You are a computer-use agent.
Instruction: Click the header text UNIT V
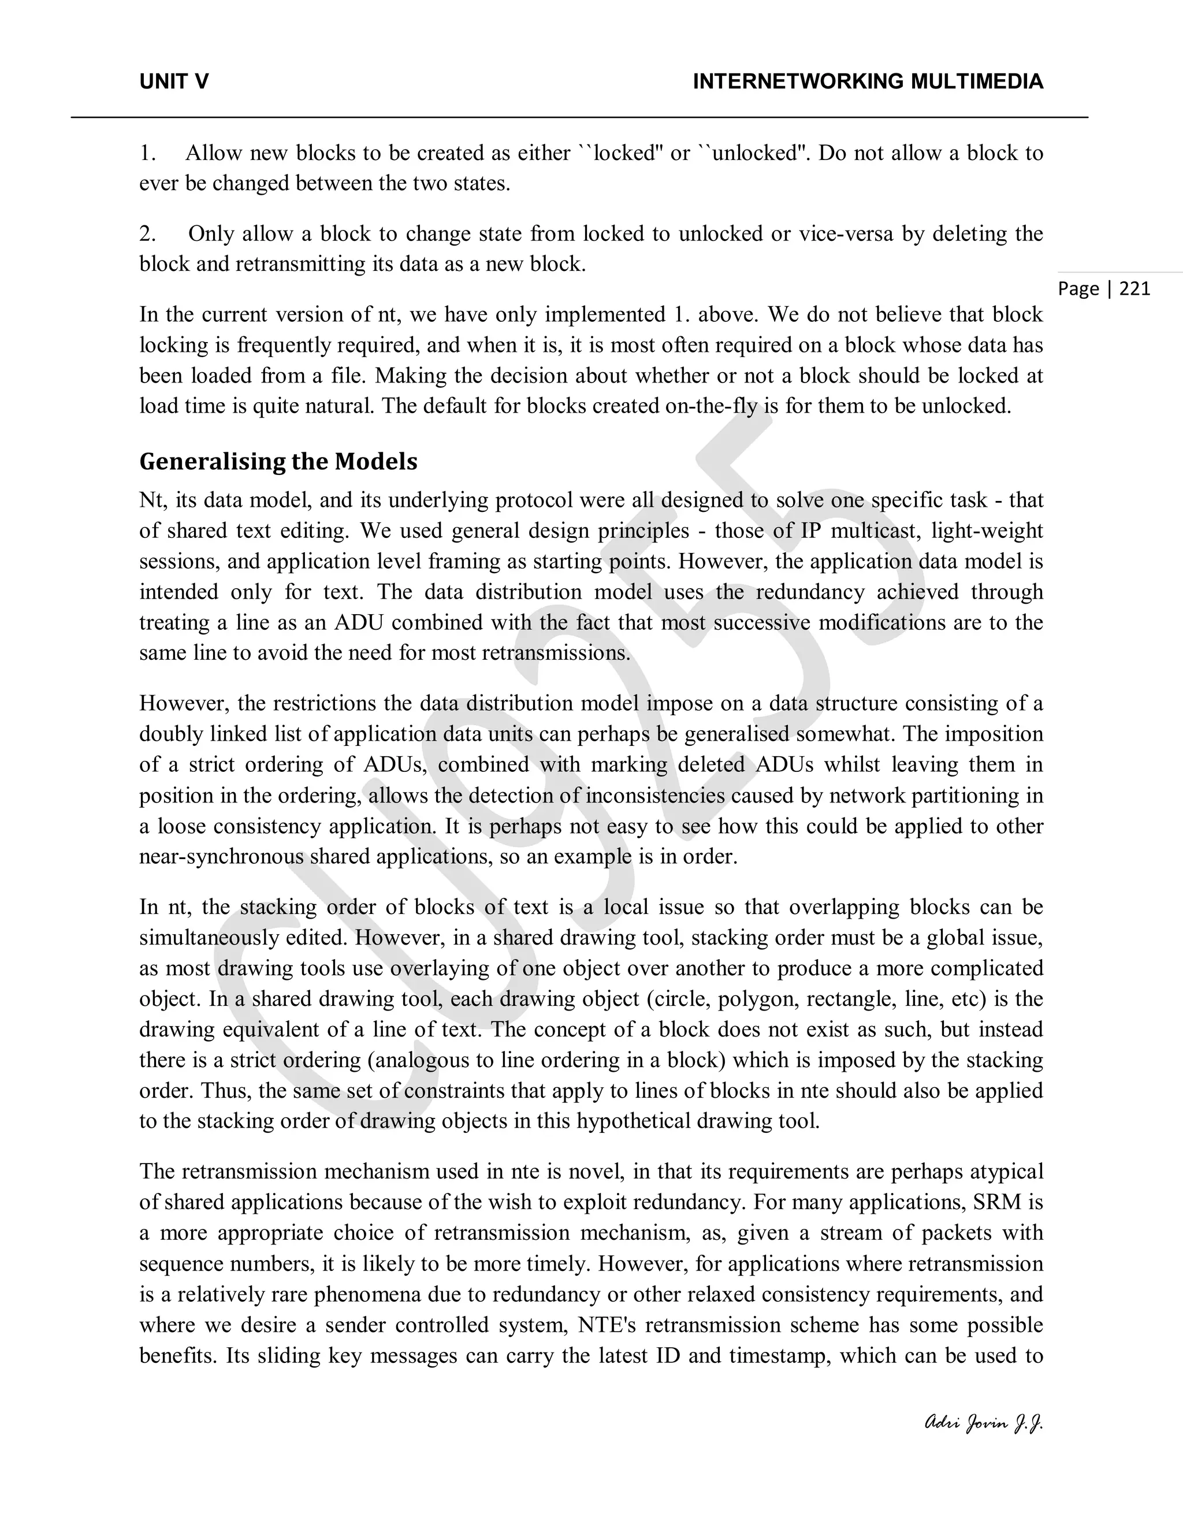click(174, 82)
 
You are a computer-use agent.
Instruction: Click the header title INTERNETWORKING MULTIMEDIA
click(868, 82)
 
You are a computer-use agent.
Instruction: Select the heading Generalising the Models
click(278, 461)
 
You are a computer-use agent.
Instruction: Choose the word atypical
click(1006, 1172)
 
